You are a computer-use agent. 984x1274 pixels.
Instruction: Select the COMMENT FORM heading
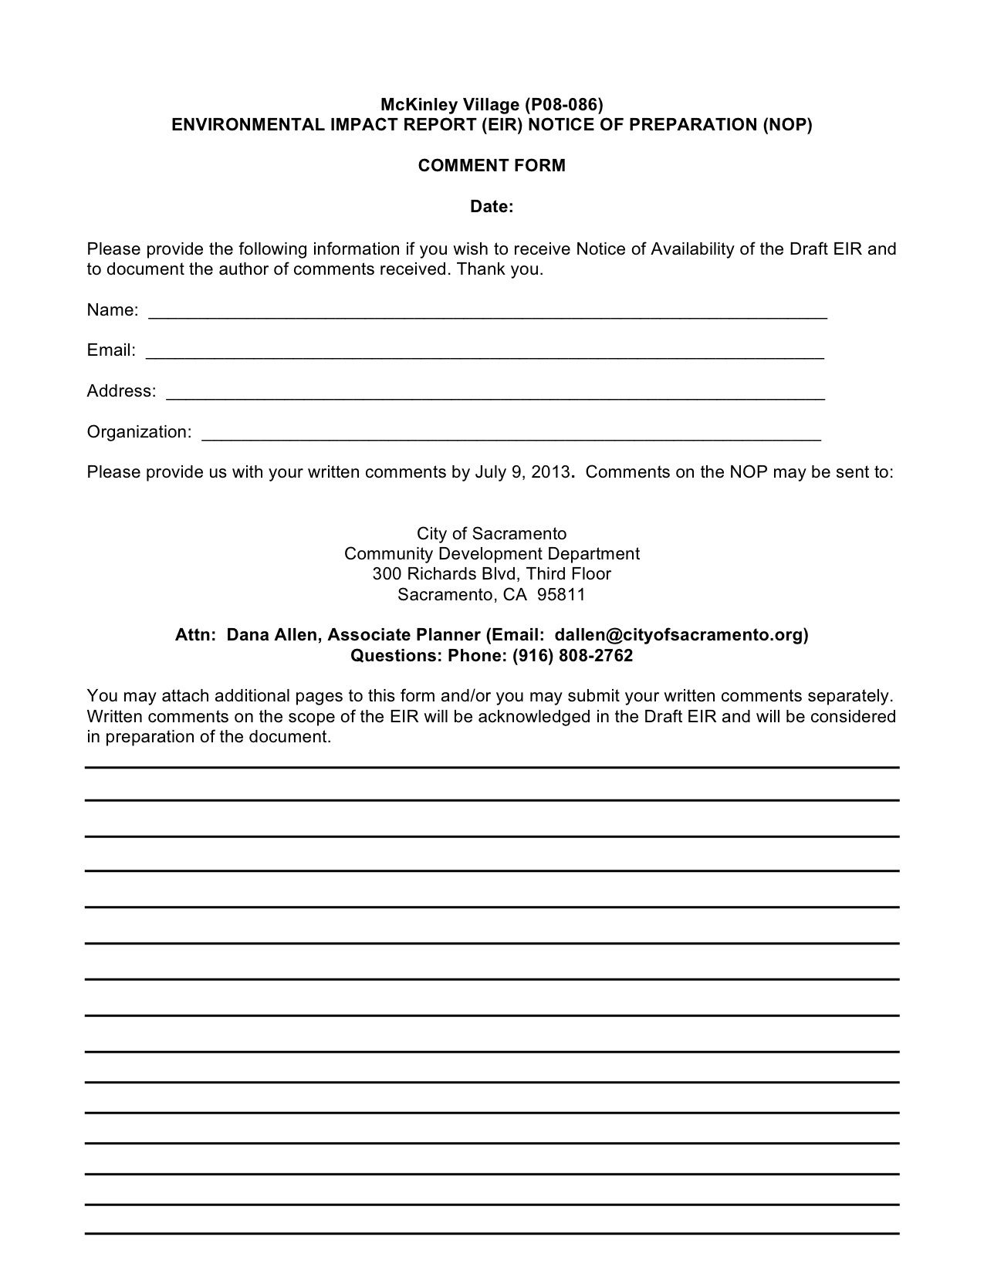(492, 165)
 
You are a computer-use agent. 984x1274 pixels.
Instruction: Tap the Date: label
(492, 207)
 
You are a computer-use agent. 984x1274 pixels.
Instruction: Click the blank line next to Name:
(487, 315)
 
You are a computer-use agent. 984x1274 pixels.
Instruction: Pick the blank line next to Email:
(485, 355)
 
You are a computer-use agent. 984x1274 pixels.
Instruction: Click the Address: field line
(495, 396)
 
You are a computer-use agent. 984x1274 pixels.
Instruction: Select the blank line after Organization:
(511, 436)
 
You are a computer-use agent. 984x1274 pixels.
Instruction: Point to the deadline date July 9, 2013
(522, 471)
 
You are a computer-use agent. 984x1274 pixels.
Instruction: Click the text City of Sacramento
(492, 533)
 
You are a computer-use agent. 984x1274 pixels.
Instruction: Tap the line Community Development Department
(492, 553)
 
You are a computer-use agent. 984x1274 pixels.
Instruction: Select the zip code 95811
(561, 594)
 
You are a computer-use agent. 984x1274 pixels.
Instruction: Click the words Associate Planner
(404, 634)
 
